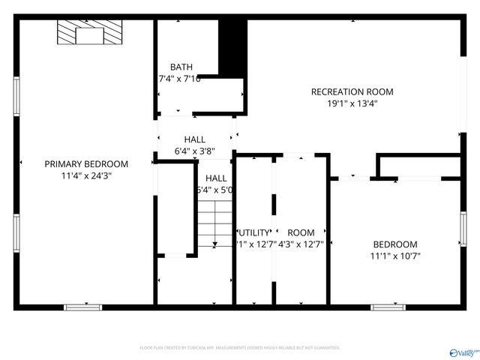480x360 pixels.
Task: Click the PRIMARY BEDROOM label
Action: pyautogui.click(x=86, y=163)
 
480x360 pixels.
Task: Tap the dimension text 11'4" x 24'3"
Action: pyautogui.click(x=86, y=176)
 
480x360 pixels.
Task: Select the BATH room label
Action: pyautogui.click(x=181, y=67)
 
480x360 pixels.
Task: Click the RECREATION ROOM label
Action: pyautogui.click(x=352, y=91)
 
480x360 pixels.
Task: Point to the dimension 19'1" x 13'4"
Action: pyautogui.click(x=352, y=104)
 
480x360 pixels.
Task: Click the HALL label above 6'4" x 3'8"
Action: pyautogui.click(x=194, y=139)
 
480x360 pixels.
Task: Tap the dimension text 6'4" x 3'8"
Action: pyautogui.click(x=194, y=151)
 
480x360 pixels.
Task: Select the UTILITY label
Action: pyautogui.click(x=254, y=232)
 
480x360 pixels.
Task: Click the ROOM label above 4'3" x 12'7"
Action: pyautogui.click(x=301, y=232)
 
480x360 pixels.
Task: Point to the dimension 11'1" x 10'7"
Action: pyautogui.click(x=395, y=256)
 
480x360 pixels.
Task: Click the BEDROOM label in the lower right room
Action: pyautogui.click(x=395, y=244)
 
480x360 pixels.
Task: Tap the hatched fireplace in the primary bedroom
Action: pyautogui.click(x=91, y=34)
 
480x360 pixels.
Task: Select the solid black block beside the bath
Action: pyautogui.click(x=232, y=46)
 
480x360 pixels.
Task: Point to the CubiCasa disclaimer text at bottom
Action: pyautogui.click(x=240, y=348)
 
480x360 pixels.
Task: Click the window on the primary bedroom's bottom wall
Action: pyautogui.click(x=82, y=307)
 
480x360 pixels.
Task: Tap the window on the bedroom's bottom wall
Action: pyautogui.click(x=388, y=307)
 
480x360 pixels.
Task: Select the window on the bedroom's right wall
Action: pyautogui.click(x=463, y=229)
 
